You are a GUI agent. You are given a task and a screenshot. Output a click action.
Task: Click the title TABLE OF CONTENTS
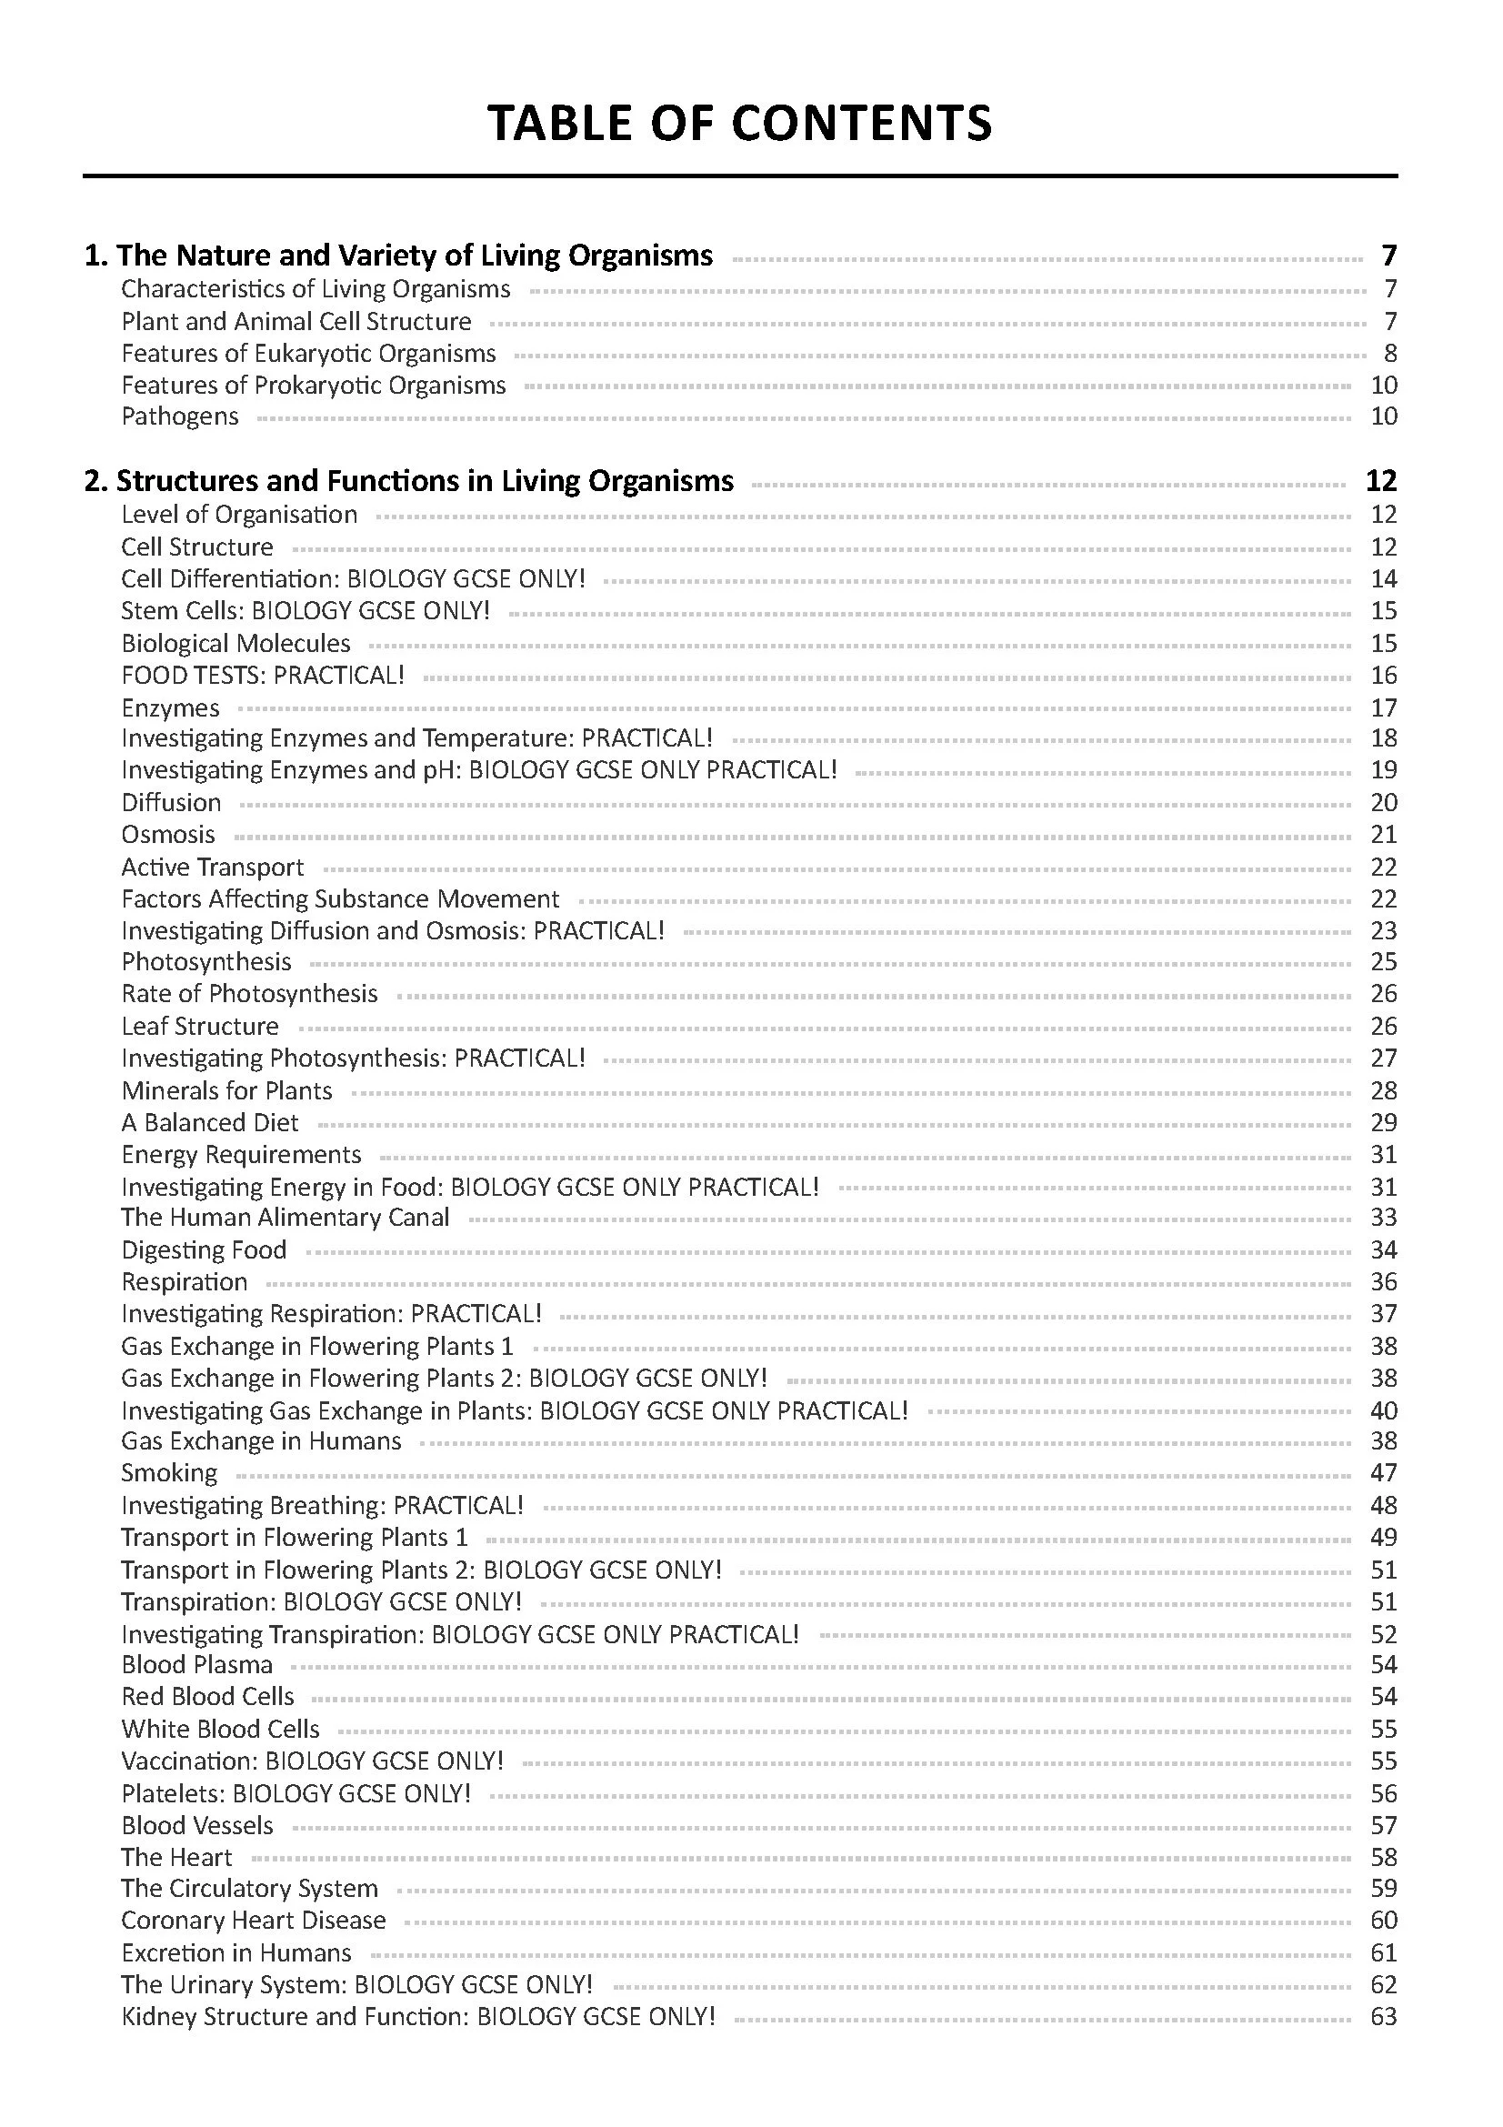pos(739,122)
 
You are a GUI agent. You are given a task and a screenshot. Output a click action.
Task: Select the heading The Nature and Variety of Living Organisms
pos(399,255)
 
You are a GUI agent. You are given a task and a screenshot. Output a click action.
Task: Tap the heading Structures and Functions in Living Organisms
pos(409,480)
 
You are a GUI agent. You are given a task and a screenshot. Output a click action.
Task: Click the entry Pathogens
pos(180,416)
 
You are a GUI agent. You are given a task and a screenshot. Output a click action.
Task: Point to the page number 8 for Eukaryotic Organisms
pos(1390,353)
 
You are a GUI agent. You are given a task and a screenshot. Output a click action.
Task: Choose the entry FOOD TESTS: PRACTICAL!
pos(263,675)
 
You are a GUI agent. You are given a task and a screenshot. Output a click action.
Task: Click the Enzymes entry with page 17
pos(170,707)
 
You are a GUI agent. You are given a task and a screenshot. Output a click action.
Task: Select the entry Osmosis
pos(167,834)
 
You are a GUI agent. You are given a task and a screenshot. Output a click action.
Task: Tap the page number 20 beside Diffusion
pos(1383,802)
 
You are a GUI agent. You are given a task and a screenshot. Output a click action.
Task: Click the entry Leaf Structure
pos(200,1026)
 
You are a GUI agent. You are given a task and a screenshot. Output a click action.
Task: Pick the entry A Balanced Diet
pos(209,1122)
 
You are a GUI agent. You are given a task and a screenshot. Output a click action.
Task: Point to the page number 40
pos(1383,1410)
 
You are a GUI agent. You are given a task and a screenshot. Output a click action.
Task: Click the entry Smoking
pos(168,1472)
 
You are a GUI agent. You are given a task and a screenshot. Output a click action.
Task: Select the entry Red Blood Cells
pos(207,1696)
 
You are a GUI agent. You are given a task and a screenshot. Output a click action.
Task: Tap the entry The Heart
pos(176,1857)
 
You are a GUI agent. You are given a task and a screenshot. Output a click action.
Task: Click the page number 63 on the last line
pos(1383,2016)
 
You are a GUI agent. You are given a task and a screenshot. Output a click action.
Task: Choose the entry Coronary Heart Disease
pos(253,1920)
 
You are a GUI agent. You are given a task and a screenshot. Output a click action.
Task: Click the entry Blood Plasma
pos(196,1664)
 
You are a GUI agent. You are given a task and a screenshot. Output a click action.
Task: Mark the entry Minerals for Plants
pos(226,1090)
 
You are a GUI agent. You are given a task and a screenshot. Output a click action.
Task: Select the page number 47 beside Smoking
pos(1383,1472)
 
